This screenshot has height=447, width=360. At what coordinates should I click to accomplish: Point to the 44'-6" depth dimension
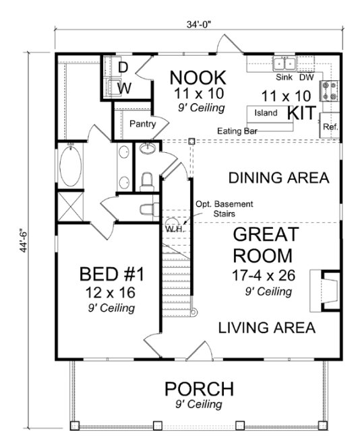(26, 229)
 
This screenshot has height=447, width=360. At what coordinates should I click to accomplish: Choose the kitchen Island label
(266, 113)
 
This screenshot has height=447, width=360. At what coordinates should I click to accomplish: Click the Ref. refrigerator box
(330, 127)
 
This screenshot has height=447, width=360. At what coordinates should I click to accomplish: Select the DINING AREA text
(278, 178)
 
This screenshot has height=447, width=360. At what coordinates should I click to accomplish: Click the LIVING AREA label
(266, 328)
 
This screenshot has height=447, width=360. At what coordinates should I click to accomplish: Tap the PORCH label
(200, 389)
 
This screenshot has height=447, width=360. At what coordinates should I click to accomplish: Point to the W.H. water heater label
(175, 228)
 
